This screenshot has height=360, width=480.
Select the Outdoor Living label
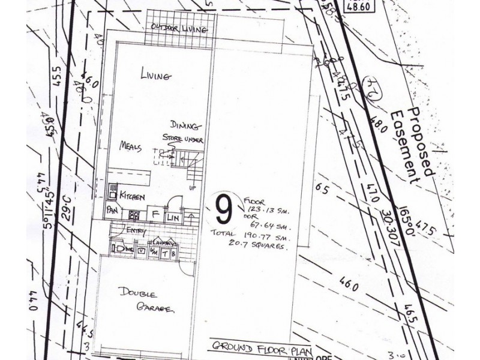(x=179, y=28)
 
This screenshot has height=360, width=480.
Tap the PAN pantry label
(x=112, y=211)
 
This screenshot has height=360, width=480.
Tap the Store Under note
(x=182, y=140)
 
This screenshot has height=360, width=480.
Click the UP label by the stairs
(x=193, y=187)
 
